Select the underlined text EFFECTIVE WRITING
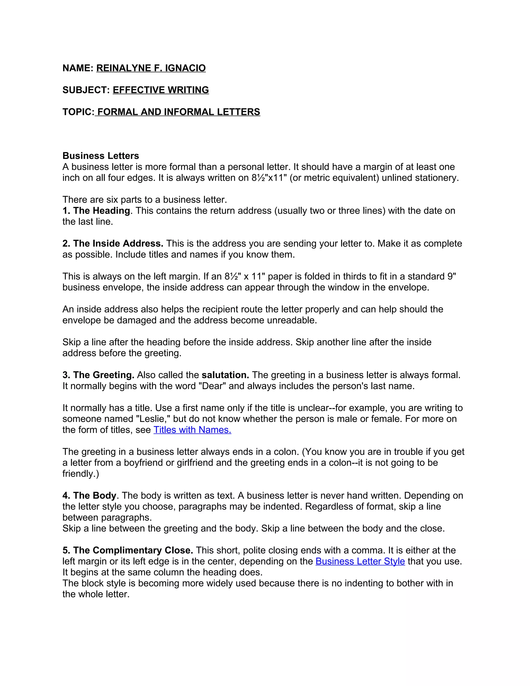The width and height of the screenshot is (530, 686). [161, 90]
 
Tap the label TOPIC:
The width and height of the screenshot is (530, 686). [78, 112]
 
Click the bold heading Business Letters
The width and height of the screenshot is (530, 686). [100, 156]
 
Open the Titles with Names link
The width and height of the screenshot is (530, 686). [192, 430]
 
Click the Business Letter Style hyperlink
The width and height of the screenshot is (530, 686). [360, 561]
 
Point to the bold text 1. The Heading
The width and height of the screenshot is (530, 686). [96, 211]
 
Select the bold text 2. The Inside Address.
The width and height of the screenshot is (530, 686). [113, 244]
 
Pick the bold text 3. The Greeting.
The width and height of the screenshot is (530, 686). [98, 375]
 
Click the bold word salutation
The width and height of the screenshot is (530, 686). [225, 375]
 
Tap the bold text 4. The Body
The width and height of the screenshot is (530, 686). [89, 496]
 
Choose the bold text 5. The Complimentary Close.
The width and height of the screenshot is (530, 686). [128, 550]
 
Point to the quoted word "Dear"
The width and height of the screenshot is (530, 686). [212, 386]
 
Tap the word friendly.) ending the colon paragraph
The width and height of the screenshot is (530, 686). [81, 474]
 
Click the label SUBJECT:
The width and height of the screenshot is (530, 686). [86, 90]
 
